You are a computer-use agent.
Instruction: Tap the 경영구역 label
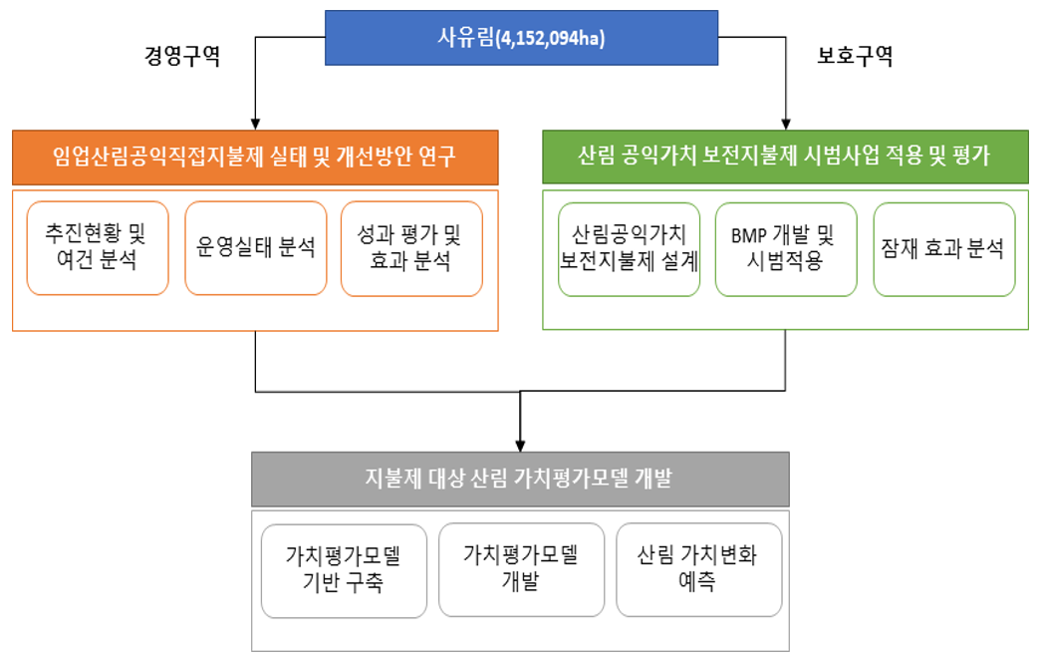pos(182,57)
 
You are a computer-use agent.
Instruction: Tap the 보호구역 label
pos(854,57)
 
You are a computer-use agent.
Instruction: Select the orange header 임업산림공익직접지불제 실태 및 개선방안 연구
pos(255,157)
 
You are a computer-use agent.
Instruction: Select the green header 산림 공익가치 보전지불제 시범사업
pos(786,157)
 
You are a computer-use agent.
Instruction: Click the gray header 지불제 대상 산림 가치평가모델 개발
pos(520,479)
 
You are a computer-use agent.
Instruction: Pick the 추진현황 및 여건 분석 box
pos(98,248)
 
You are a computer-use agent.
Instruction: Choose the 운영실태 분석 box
pos(256,248)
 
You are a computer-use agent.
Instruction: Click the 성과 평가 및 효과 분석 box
pos(411,248)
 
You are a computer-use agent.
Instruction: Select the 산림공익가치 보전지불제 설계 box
pos(629,249)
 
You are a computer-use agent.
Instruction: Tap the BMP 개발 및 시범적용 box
pos(785,249)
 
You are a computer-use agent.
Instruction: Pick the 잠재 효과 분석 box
pos(943,249)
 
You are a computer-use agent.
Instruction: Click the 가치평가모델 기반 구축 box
pos(343,570)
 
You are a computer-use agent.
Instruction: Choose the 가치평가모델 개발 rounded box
pos(520,569)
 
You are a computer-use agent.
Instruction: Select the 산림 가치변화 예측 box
pos(696,569)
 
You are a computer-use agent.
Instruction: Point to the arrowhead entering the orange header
pos(256,122)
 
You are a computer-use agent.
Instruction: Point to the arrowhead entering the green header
pos(786,122)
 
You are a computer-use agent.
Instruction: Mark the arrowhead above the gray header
pos(520,444)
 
